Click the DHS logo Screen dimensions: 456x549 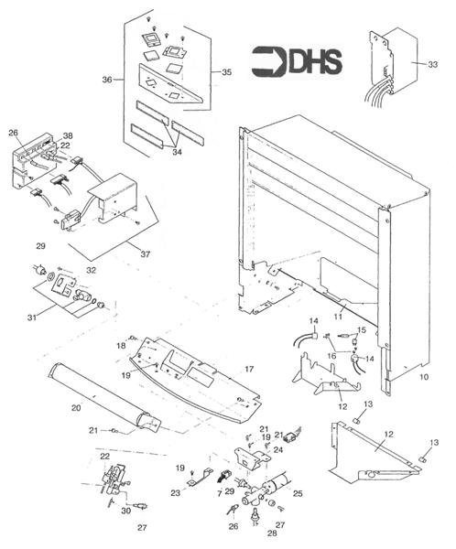click(x=297, y=62)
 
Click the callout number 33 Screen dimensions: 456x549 click(x=433, y=64)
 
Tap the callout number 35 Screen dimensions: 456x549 click(x=227, y=72)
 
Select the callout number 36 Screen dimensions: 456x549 click(x=107, y=80)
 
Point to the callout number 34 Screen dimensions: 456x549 click(x=177, y=152)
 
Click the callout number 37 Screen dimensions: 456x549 click(x=146, y=254)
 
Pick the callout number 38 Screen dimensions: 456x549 click(x=68, y=135)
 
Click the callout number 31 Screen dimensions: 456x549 click(x=32, y=318)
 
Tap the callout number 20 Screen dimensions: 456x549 click(x=76, y=408)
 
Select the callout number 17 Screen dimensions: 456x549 click(x=249, y=369)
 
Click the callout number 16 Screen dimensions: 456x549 click(x=331, y=356)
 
